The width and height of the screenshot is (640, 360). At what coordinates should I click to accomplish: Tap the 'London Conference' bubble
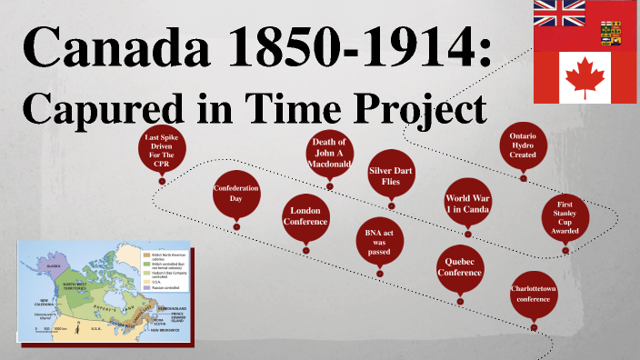305,215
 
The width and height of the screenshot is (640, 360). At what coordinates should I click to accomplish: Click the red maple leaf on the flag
585,76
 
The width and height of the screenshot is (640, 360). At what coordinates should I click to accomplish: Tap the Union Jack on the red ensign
559,13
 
